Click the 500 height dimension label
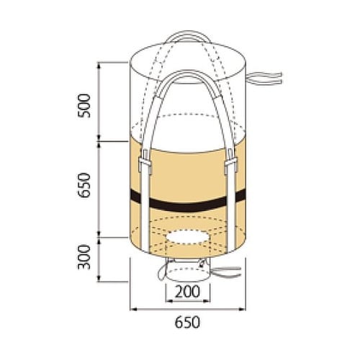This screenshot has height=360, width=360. point(84,106)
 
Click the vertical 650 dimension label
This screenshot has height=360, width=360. point(84,185)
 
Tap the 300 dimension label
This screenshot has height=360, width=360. point(84,257)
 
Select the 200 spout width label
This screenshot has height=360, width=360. point(187,292)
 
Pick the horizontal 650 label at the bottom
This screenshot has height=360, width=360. point(187,323)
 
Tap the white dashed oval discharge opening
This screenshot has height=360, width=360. point(187,237)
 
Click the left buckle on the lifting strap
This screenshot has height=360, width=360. point(145,162)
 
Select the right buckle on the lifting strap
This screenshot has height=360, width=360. point(230,161)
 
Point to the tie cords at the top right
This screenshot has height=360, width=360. point(264,78)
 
